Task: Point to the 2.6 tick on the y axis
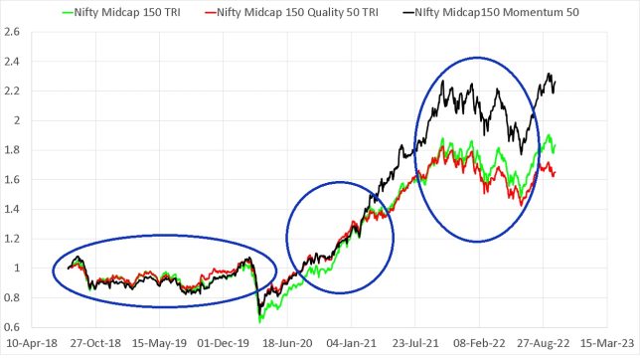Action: point(13,32)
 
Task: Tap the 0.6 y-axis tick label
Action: point(13,326)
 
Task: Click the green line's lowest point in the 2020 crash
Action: point(260,321)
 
